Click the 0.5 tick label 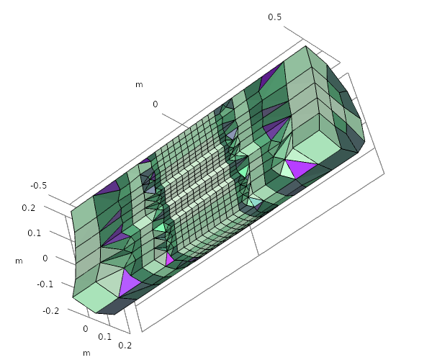(275, 17)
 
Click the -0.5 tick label (39, 185)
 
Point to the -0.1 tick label (45, 284)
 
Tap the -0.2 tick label (51, 311)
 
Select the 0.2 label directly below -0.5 (29, 207)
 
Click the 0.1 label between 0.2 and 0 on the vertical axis (34, 233)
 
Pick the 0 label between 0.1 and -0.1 (45, 258)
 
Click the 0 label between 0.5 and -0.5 (156, 104)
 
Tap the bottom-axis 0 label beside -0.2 (86, 328)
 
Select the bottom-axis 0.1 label (104, 336)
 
